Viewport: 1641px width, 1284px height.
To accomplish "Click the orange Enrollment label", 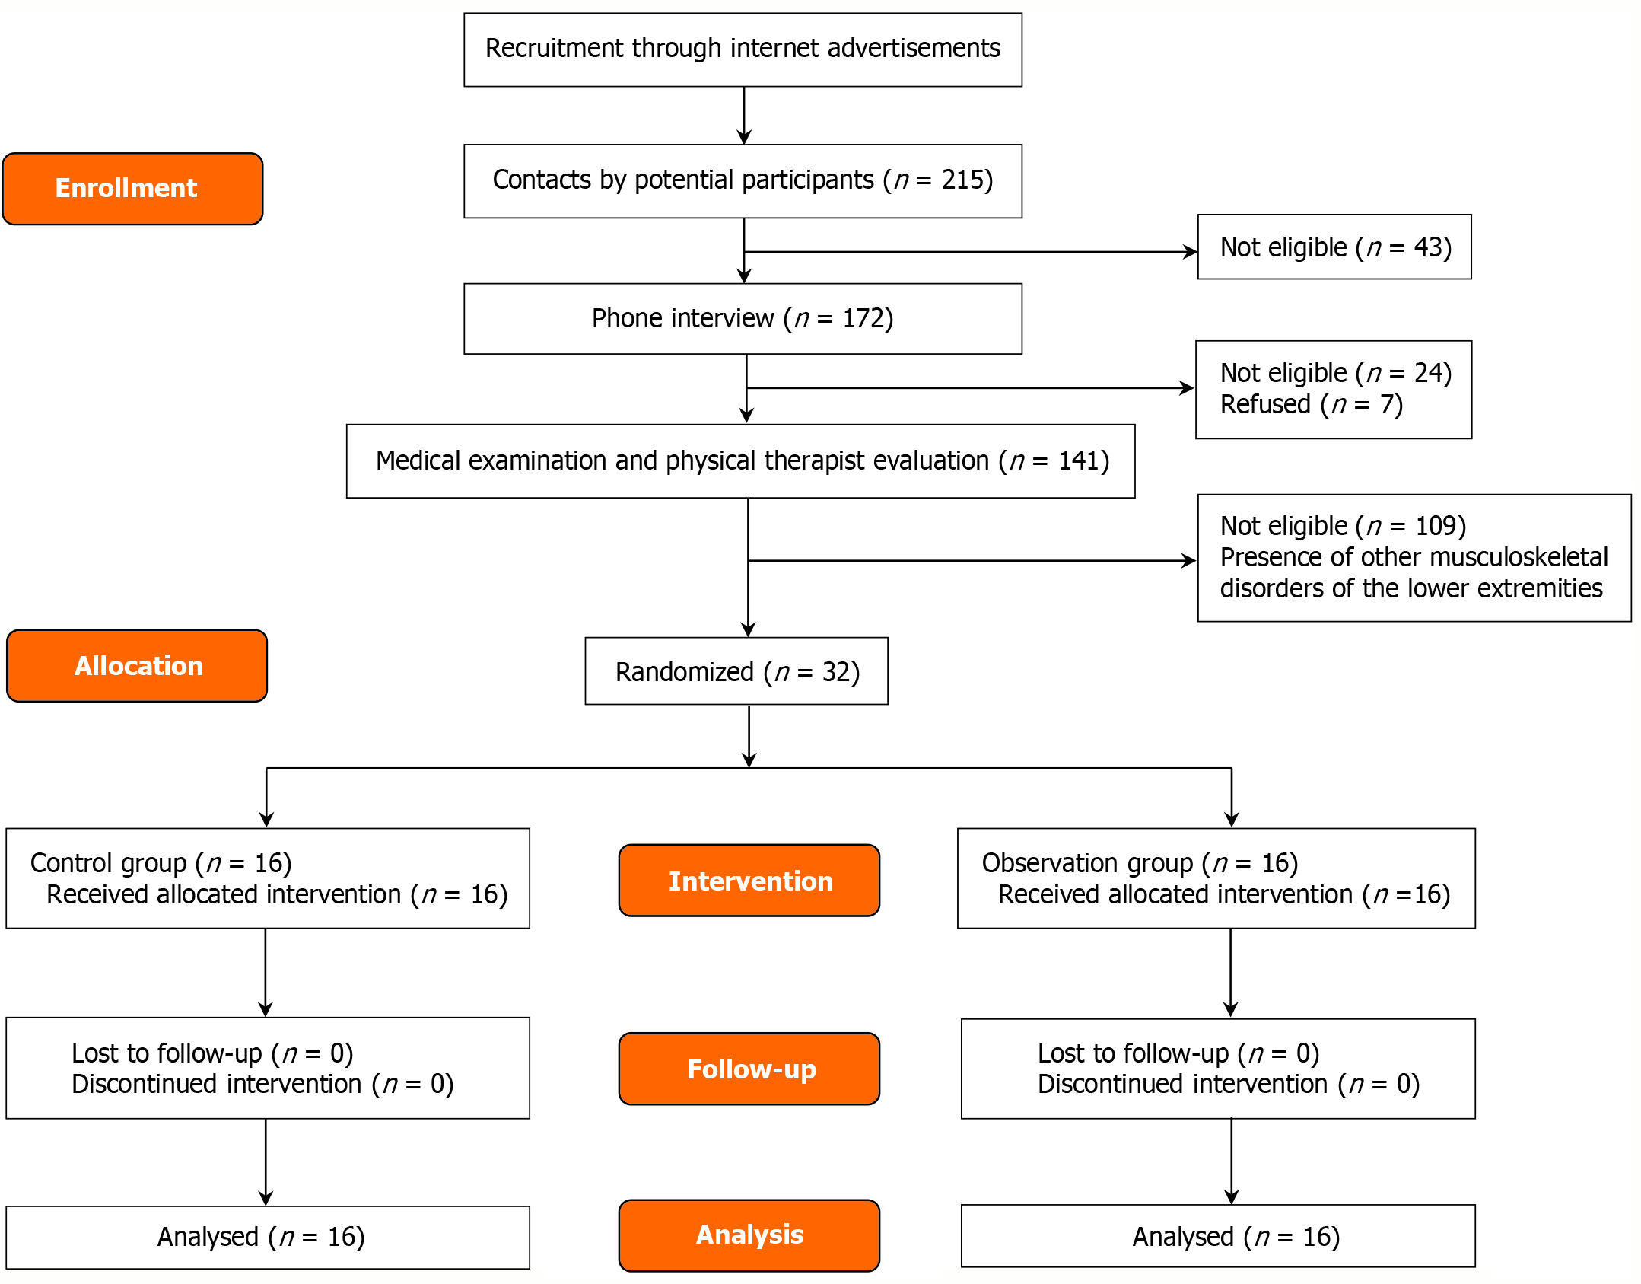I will tap(132, 189).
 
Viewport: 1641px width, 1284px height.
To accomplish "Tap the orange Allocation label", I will tap(137, 666).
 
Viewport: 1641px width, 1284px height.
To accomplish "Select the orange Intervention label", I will tap(749, 881).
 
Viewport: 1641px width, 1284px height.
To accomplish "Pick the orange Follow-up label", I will tap(749, 1069).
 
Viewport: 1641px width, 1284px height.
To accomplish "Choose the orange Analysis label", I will tap(749, 1235).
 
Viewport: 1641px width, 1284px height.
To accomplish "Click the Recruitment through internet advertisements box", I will tap(743, 49).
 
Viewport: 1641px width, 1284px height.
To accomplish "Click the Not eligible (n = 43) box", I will tap(1334, 247).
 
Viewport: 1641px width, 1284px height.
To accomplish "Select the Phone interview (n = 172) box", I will tap(743, 318).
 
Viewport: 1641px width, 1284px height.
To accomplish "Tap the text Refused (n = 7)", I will tap(1311, 404).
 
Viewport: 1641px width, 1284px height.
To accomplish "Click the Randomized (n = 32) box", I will tap(736, 671).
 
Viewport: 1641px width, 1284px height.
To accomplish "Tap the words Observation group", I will tap(1086, 863).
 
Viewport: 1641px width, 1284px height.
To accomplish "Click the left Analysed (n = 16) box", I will tap(268, 1237).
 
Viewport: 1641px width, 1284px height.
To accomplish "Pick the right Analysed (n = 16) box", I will tap(1218, 1237).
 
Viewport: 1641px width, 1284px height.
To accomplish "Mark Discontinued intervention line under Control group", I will tap(262, 1084).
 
